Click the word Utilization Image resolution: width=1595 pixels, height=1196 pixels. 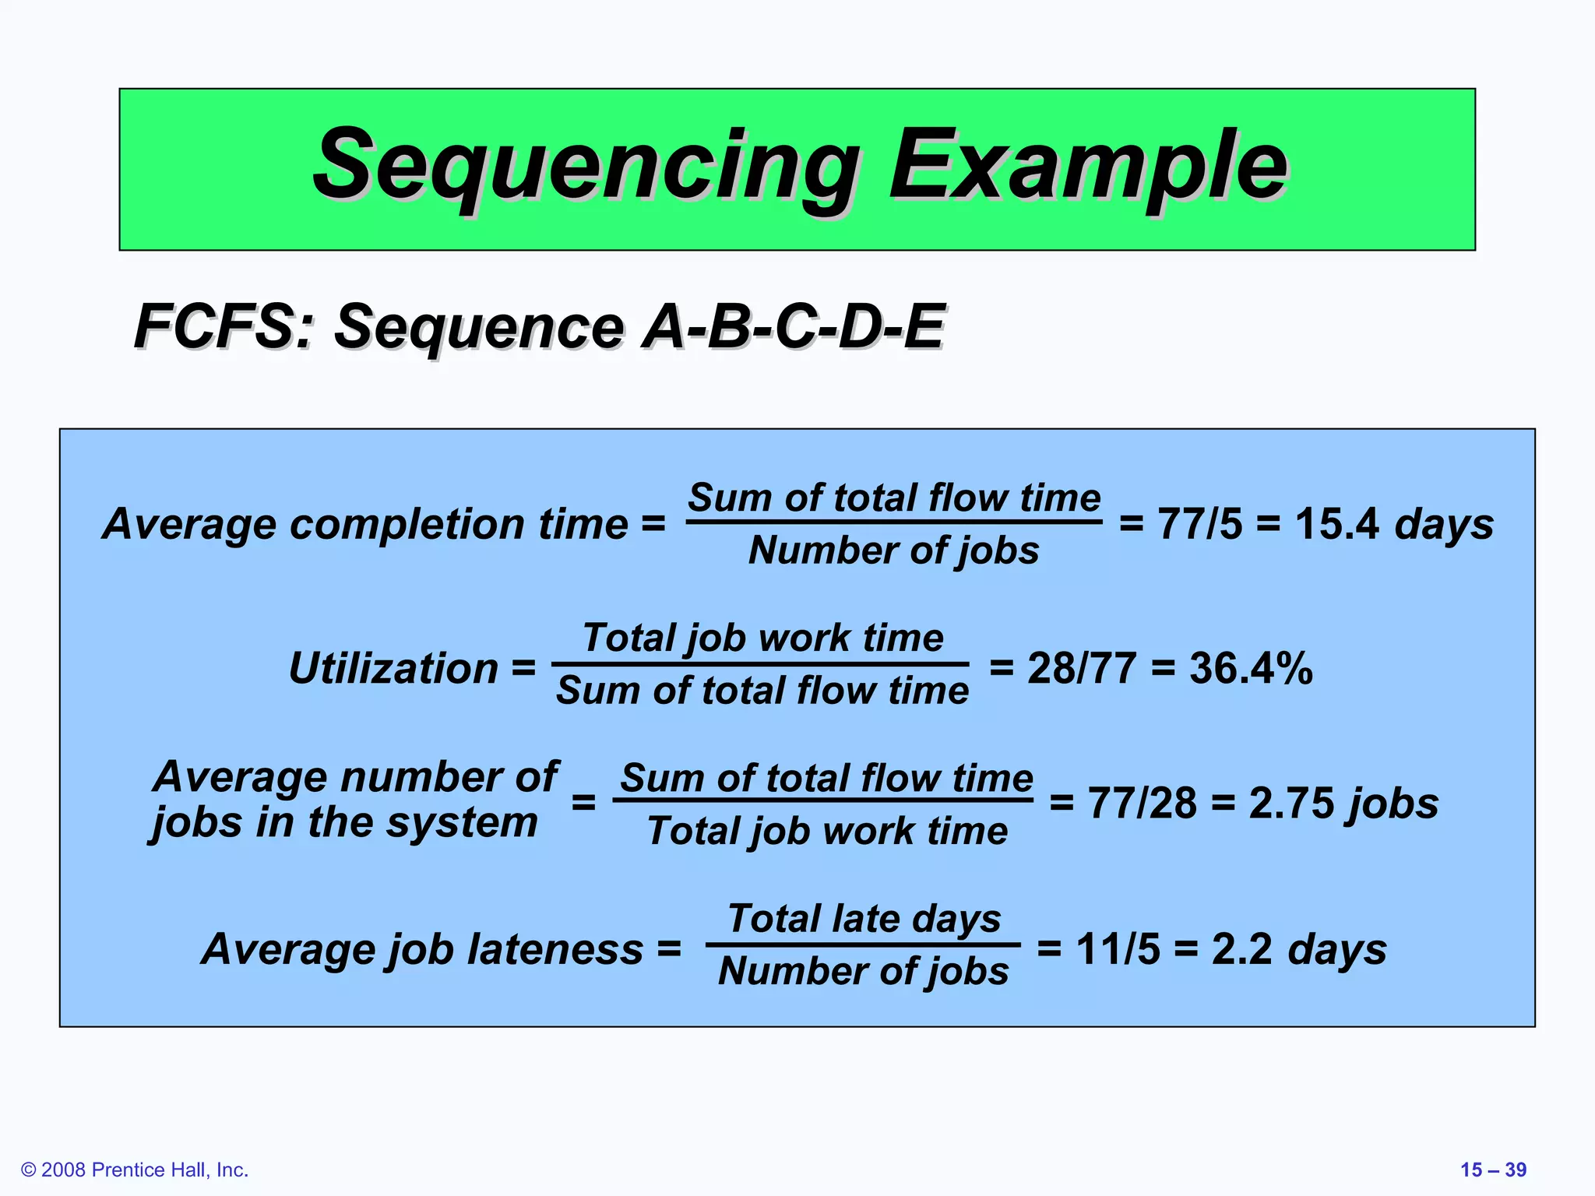point(393,668)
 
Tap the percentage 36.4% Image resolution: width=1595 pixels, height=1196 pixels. point(1251,668)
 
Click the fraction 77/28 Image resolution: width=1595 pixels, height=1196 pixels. point(1142,803)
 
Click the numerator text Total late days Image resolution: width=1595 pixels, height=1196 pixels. point(864,919)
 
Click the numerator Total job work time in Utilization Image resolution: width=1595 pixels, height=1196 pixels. point(762,638)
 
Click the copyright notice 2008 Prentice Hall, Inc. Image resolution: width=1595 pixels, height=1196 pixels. point(136,1170)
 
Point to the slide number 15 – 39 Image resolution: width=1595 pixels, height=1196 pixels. point(1493,1170)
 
